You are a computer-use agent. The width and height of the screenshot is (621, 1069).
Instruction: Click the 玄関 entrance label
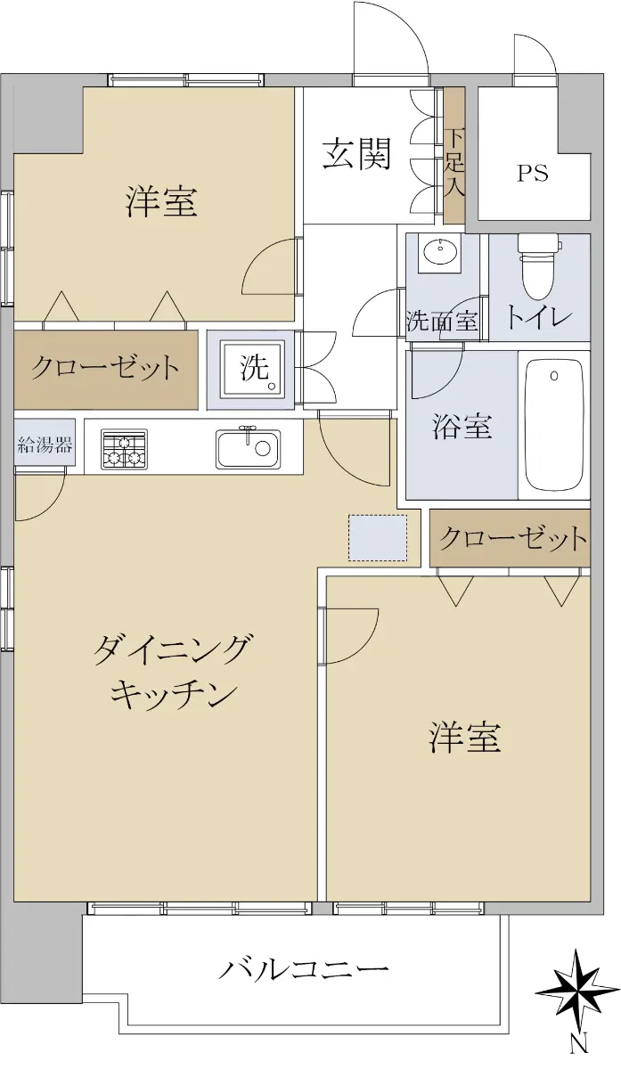pyautogui.click(x=356, y=153)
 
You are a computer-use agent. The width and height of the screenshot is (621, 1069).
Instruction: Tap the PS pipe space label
pyautogui.click(x=533, y=173)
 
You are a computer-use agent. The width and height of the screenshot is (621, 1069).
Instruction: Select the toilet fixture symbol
pyautogui.click(x=538, y=266)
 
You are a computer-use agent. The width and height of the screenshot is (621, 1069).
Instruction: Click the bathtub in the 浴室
pyautogui.click(x=553, y=425)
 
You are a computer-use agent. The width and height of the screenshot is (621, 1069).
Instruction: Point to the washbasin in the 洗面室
pyautogui.click(x=439, y=253)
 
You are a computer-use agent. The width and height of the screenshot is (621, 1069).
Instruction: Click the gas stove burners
pyautogui.click(x=124, y=448)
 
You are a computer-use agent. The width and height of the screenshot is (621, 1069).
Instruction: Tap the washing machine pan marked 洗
pyautogui.click(x=252, y=368)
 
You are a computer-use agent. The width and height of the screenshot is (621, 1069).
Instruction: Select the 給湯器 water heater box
pyautogui.click(x=45, y=444)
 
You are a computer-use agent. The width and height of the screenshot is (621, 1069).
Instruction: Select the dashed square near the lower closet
pyautogui.click(x=378, y=538)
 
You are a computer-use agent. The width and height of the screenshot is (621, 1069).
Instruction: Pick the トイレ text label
pyautogui.click(x=538, y=317)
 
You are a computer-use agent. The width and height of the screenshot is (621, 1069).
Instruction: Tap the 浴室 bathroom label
pyautogui.click(x=462, y=426)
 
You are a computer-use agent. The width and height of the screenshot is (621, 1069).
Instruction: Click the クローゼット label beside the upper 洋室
pyautogui.click(x=105, y=367)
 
